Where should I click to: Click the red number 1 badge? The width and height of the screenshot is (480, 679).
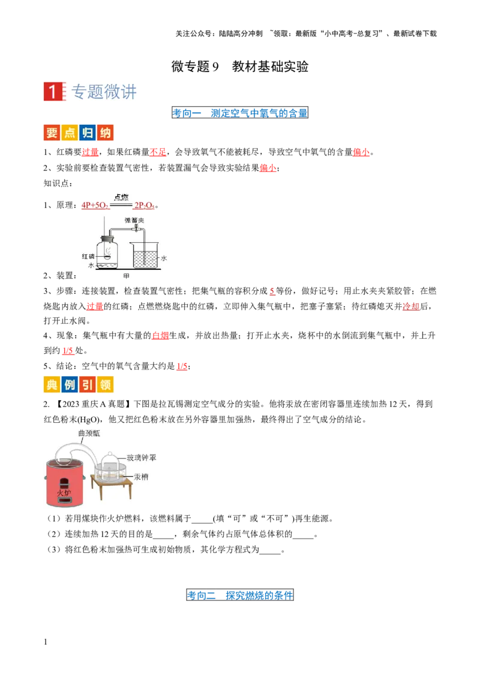point(53,92)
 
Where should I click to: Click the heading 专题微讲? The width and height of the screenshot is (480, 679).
point(104,92)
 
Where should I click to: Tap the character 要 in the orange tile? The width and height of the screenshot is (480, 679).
point(52,133)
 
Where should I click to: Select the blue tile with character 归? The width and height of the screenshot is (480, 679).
point(88,133)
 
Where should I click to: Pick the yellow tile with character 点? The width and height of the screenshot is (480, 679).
point(70,133)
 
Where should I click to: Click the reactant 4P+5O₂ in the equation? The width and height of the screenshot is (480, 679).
point(94,205)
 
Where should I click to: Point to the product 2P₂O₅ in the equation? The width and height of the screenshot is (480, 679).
point(144,205)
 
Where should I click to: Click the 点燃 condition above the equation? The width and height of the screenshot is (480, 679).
point(121,197)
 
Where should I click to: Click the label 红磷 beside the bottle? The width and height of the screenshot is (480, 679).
point(88,256)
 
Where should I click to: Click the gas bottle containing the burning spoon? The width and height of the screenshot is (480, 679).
point(107,253)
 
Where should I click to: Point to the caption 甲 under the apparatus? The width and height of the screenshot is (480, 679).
point(126,276)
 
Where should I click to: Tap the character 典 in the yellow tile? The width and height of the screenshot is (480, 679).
point(52,384)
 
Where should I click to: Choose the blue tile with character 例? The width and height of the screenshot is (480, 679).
point(70,384)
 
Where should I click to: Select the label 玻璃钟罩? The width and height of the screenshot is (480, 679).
point(142,458)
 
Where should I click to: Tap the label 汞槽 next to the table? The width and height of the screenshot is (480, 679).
point(142,477)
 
